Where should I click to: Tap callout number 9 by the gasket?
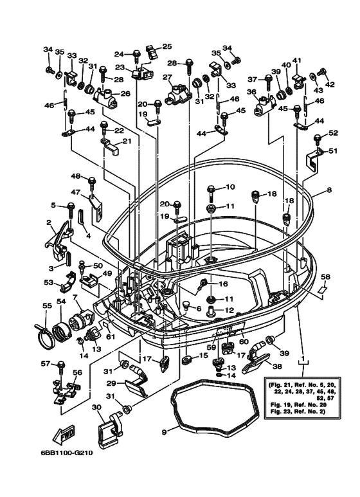coord(165,432)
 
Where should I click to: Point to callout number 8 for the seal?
coord(328,190)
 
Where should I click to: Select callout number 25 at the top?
coord(167,46)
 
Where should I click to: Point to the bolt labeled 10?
coord(211,190)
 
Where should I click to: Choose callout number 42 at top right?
coord(330,84)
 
